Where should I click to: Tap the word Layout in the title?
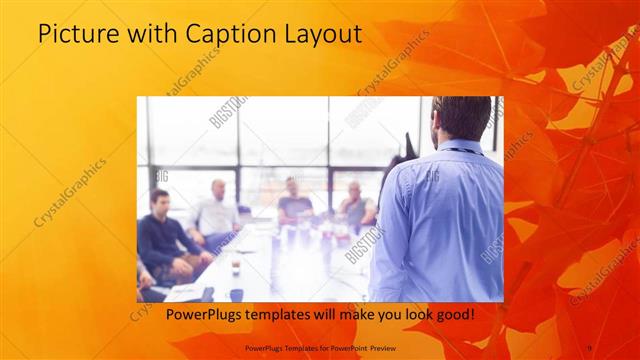coord(318,35)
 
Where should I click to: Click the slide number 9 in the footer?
coord(589,347)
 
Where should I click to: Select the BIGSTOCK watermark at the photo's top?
coord(229,112)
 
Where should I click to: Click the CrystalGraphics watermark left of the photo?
coord(70,190)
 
